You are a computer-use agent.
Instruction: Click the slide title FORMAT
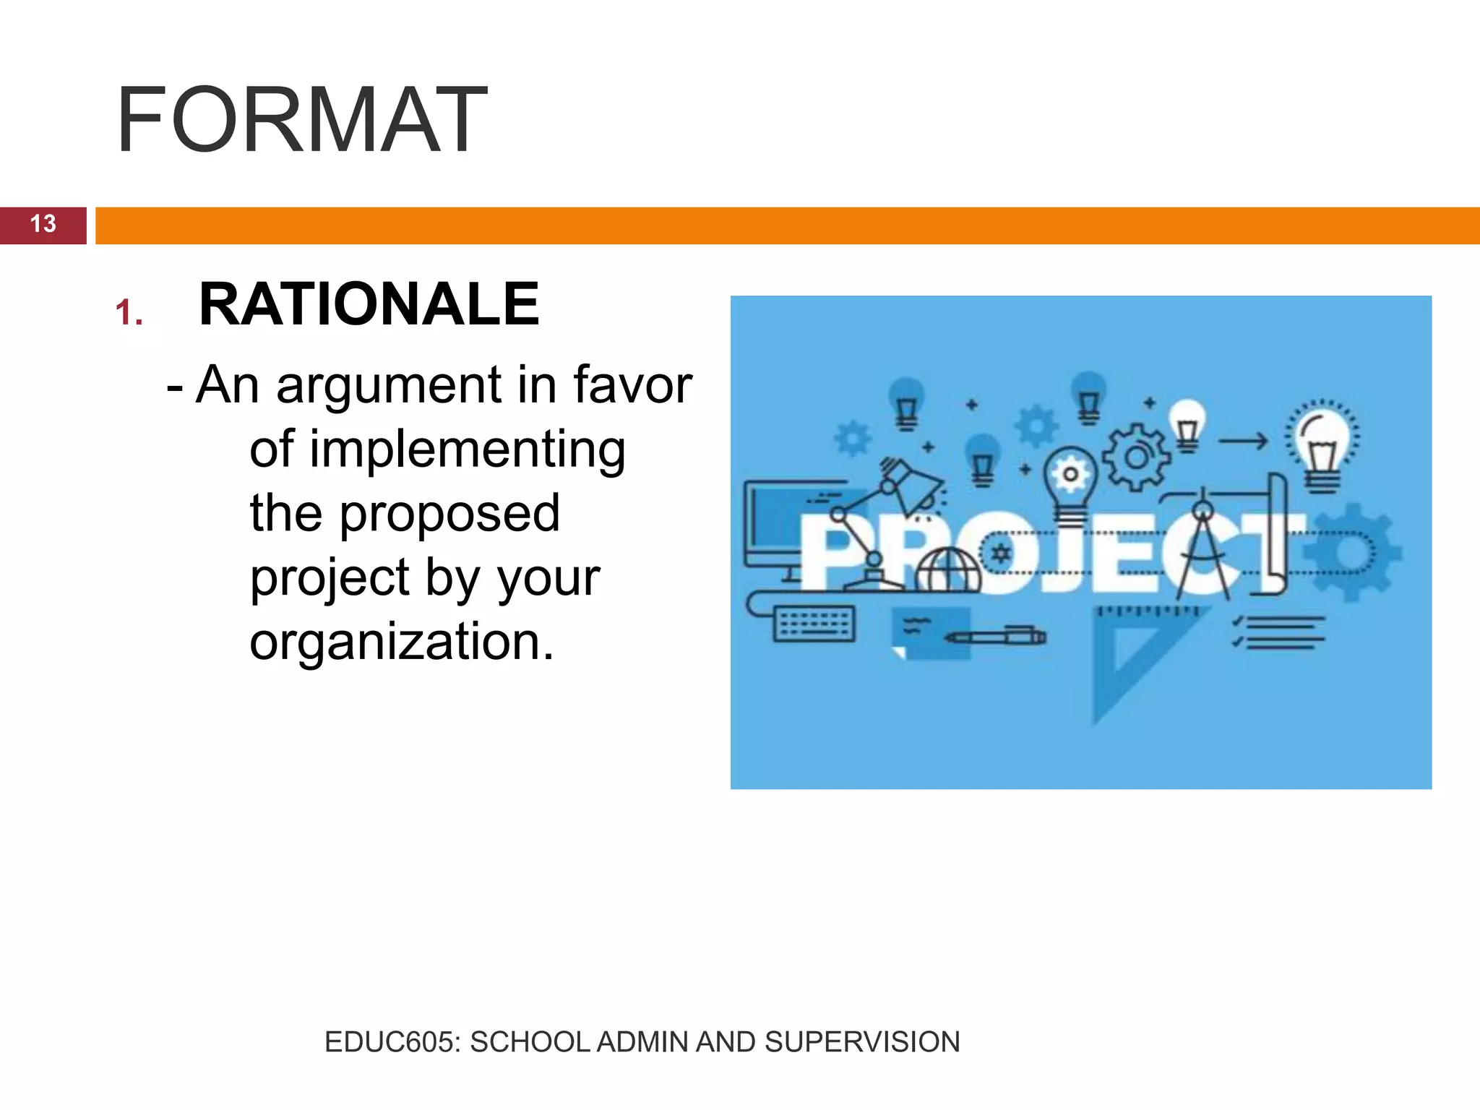click(301, 120)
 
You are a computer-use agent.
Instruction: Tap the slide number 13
click(43, 224)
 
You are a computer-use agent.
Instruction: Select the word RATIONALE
click(369, 304)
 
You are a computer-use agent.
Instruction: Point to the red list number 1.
click(129, 313)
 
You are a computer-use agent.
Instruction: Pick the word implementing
click(437, 449)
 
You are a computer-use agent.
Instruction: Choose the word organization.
click(402, 642)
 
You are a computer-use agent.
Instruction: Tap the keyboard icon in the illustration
click(814, 623)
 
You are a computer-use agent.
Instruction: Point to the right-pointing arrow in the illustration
click(1243, 440)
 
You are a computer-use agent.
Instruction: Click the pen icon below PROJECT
click(997, 637)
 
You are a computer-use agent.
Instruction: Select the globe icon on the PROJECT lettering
click(948, 571)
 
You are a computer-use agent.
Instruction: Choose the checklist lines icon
click(1279, 632)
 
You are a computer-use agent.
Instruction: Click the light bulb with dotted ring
click(1322, 444)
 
